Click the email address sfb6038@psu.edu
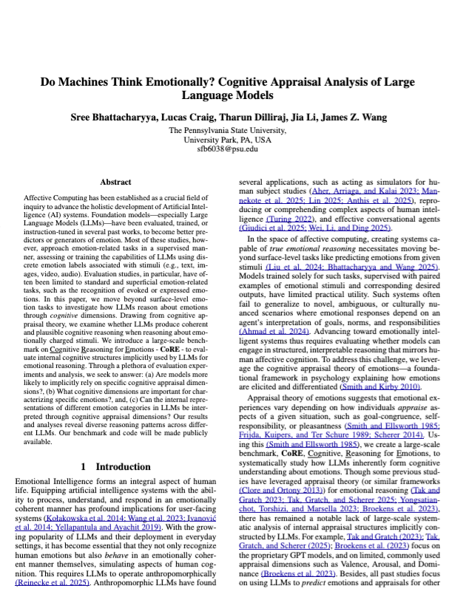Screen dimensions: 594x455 (227, 148)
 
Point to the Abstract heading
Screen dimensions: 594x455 (120, 181)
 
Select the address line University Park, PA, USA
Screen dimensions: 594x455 (227, 139)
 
